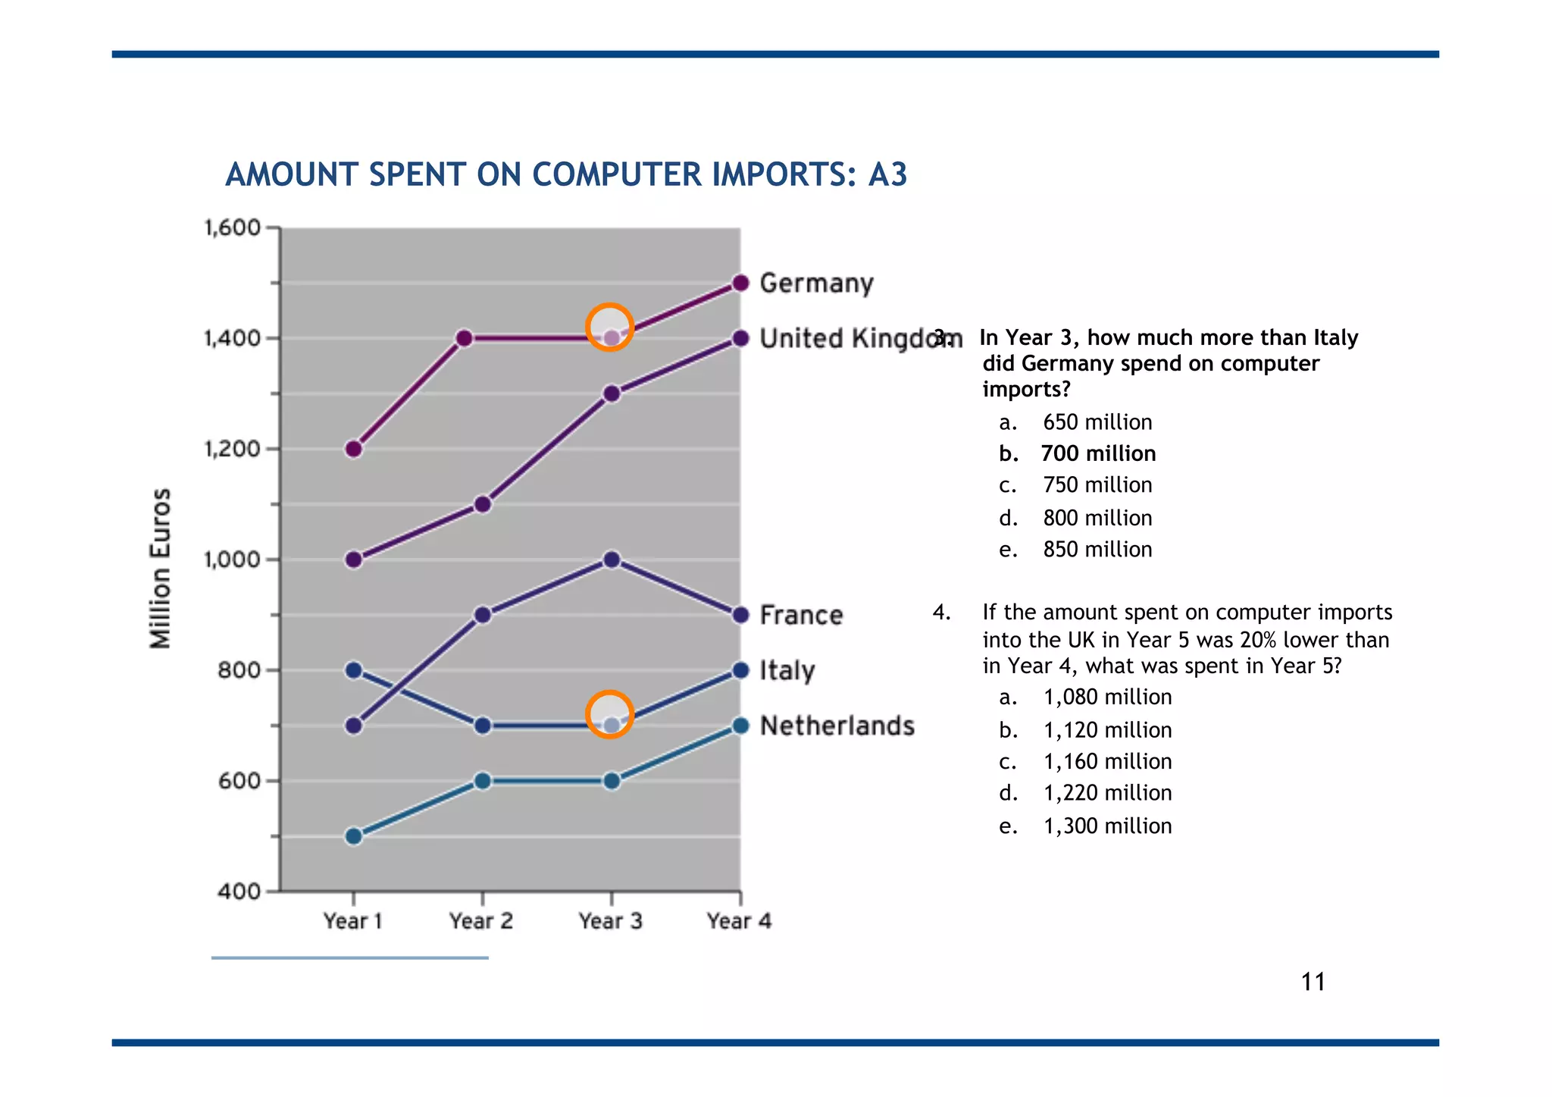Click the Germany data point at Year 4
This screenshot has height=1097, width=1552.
pyautogui.click(x=741, y=284)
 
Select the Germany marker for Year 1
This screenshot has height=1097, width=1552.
pyautogui.click(x=354, y=449)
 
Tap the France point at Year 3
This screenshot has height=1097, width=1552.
pyautogui.click(x=612, y=560)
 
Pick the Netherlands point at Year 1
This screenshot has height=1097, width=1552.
pyautogui.click(x=354, y=836)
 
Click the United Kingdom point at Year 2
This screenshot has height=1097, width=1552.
pyautogui.click(x=483, y=504)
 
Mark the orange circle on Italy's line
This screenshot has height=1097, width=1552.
pyautogui.click(x=609, y=714)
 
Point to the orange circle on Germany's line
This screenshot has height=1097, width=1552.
pyautogui.click(x=609, y=327)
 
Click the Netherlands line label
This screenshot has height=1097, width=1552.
pyautogui.click(x=837, y=726)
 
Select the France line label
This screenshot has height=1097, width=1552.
pyautogui.click(x=801, y=615)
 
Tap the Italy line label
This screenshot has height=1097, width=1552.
pyautogui.click(x=787, y=671)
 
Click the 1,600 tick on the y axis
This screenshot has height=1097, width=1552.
pyautogui.click(x=232, y=227)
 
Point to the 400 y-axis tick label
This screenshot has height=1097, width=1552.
pyautogui.click(x=239, y=892)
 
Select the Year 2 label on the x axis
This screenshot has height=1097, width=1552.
pyautogui.click(x=481, y=921)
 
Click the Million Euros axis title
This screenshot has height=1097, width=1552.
pyautogui.click(x=161, y=569)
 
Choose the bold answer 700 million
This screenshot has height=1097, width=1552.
pyautogui.click(x=1097, y=453)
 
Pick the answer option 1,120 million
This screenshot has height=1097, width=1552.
pyautogui.click(x=1106, y=730)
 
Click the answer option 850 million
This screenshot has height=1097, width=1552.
pyautogui.click(x=1097, y=550)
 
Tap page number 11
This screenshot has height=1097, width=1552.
pyautogui.click(x=1313, y=983)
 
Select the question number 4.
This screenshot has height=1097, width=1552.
pyautogui.click(x=940, y=613)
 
